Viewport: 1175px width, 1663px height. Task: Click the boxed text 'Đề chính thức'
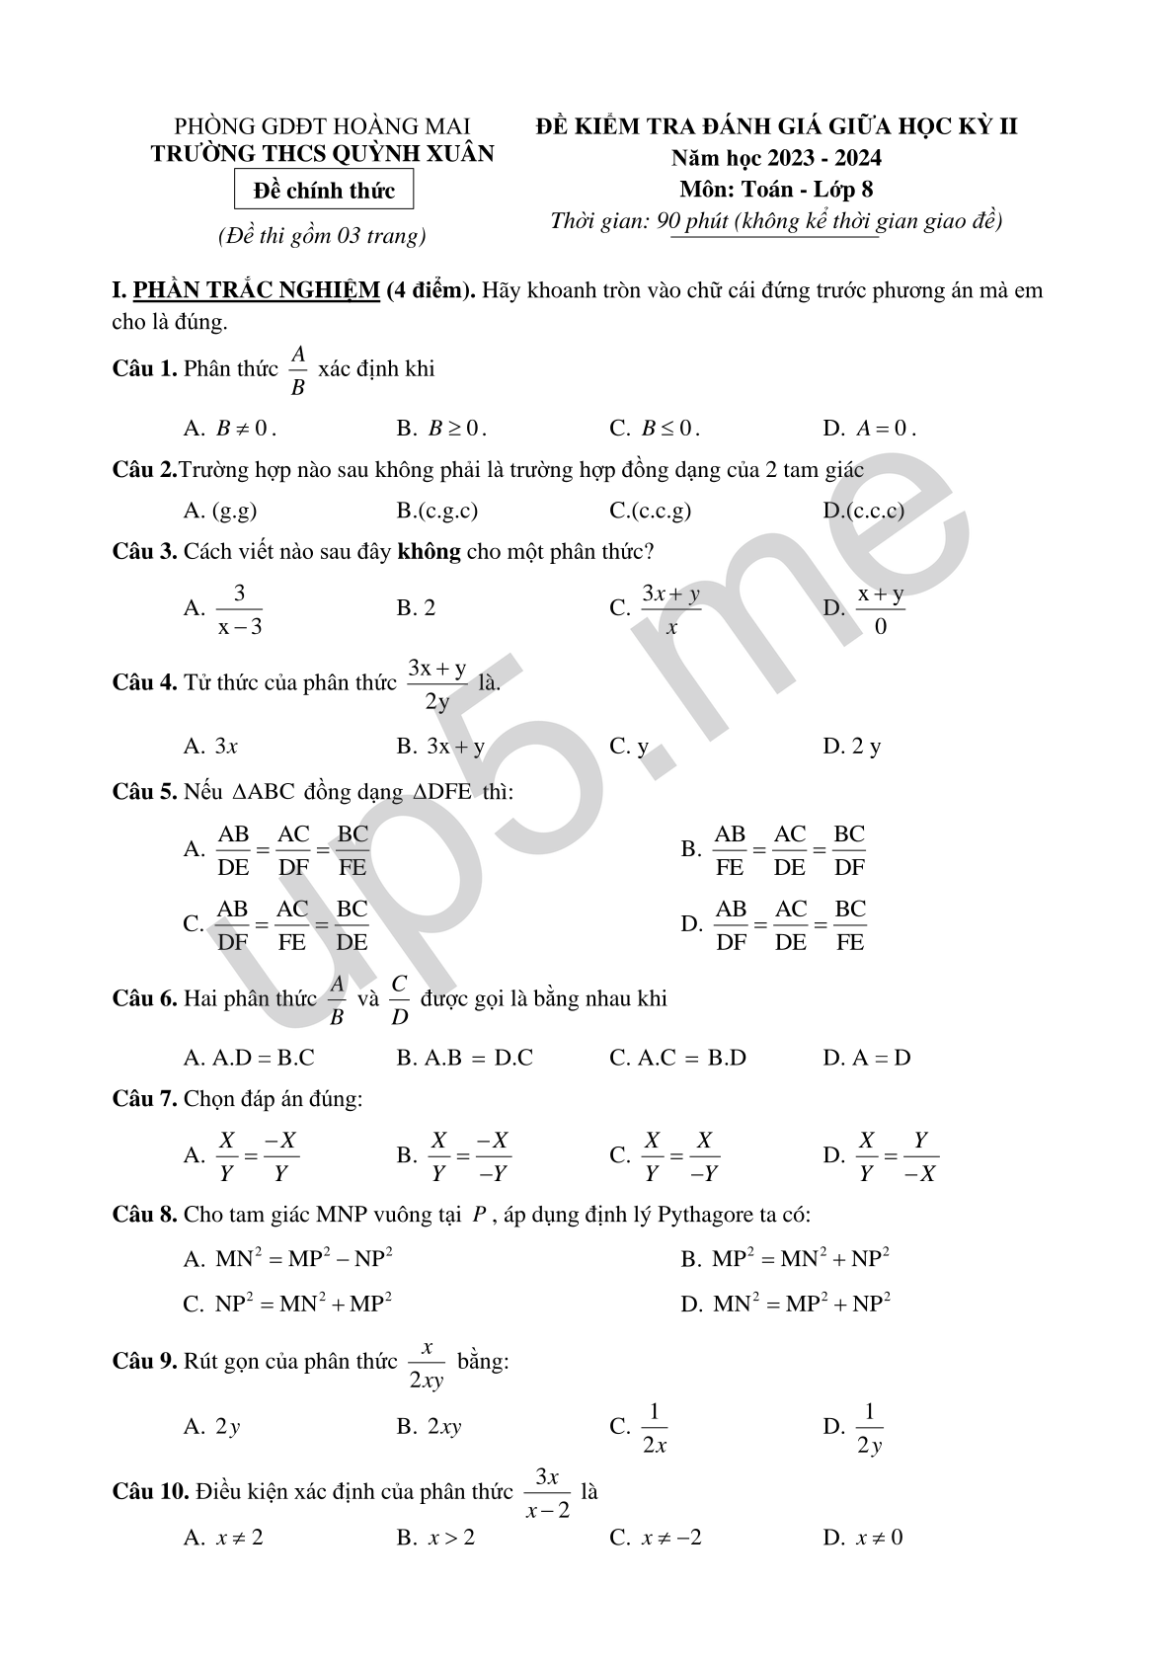click(324, 191)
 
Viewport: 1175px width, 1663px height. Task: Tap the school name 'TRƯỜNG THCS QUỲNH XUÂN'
click(322, 154)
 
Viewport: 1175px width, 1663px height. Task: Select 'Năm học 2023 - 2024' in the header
click(776, 158)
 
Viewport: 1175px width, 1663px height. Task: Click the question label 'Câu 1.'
click(144, 369)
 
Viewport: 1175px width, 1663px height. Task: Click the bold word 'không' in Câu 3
click(429, 551)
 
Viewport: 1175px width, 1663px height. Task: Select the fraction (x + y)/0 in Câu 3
click(881, 609)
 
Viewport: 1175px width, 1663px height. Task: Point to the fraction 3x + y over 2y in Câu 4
click(437, 684)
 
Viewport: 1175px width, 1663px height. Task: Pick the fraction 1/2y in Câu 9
click(869, 1428)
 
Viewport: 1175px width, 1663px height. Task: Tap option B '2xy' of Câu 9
click(443, 1427)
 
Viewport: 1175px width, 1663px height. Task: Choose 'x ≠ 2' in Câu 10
click(239, 1538)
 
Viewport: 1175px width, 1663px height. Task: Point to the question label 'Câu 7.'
click(144, 1098)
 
